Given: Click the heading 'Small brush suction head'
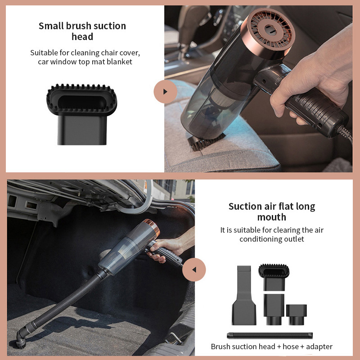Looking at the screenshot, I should click(x=82, y=31).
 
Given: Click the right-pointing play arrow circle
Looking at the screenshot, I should click(x=165, y=91).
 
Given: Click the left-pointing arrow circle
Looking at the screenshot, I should click(x=194, y=270).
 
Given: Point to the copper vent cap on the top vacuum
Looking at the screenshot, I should click(x=270, y=31).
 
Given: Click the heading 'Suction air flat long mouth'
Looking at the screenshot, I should click(x=272, y=211).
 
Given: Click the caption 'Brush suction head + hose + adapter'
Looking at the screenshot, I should click(x=272, y=346).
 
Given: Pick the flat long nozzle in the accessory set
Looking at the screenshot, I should click(x=244, y=295).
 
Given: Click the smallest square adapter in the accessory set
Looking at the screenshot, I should click(x=296, y=314).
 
